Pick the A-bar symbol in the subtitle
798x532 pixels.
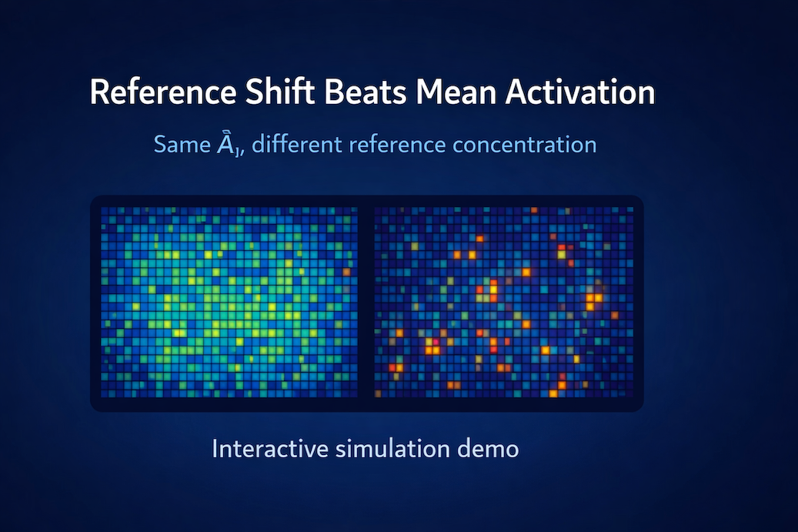pos(227,144)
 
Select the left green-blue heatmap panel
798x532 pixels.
pos(229,302)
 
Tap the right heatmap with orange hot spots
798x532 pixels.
pos(504,302)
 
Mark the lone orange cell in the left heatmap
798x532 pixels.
pos(346,272)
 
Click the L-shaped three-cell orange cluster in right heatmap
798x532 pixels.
pos(593,300)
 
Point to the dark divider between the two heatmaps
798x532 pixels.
pos(366,302)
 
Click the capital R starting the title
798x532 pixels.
pos(99,93)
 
